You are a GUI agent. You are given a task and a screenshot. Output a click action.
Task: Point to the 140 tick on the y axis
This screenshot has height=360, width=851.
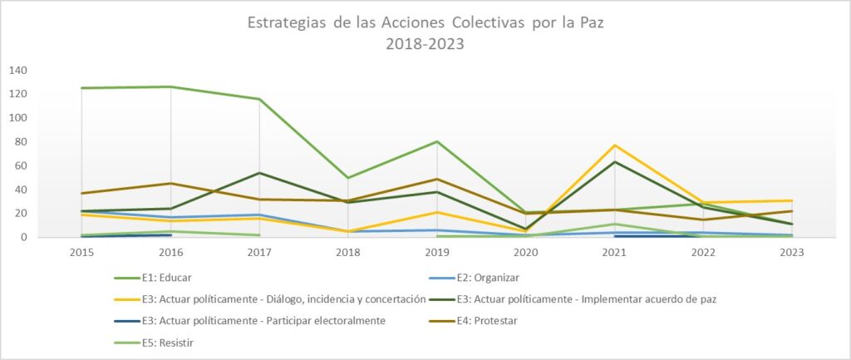click(x=18, y=70)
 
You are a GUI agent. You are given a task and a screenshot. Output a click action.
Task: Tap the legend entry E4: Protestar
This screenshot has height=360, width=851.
click(x=511, y=319)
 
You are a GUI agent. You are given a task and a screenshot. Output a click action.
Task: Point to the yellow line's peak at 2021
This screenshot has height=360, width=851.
click(x=614, y=145)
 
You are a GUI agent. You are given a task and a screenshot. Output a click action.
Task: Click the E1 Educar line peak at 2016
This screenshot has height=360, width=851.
click(x=170, y=86)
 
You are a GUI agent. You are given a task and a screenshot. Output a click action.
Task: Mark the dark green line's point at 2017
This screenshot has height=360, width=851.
click(x=259, y=173)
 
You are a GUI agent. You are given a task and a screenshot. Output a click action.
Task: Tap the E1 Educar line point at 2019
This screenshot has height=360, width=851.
click(x=437, y=141)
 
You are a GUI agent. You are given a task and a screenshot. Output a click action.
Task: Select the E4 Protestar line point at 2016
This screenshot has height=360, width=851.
click(x=170, y=183)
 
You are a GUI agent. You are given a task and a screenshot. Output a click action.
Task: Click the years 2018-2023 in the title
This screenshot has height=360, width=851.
click(x=425, y=44)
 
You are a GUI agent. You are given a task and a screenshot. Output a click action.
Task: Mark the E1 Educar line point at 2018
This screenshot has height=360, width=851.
click(x=348, y=178)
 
